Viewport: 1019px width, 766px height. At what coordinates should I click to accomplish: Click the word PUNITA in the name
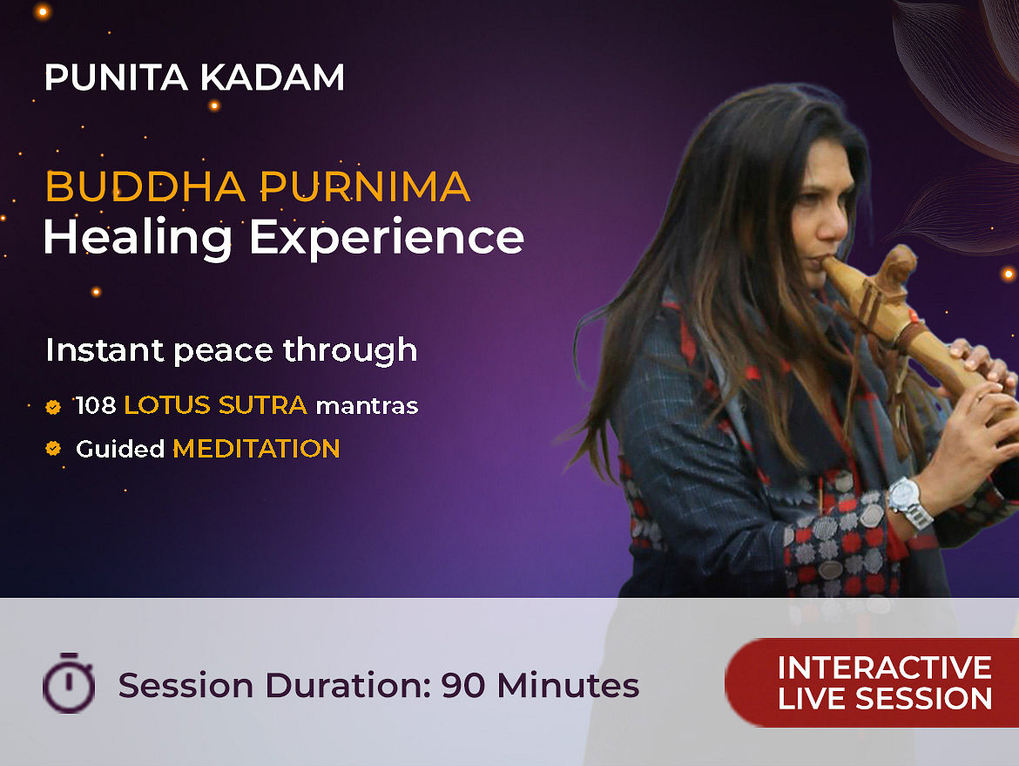(x=117, y=78)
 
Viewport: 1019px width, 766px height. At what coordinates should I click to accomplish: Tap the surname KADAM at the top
(x=273, y=78)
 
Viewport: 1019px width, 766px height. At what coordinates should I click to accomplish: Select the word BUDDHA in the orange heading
(x=145, y=187)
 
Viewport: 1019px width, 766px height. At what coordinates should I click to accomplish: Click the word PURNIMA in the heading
(x=365, y=187)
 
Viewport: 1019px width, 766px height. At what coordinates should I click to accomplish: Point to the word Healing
(x=138, y=239)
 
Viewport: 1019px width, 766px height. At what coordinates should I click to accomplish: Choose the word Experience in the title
(x=387, y=239)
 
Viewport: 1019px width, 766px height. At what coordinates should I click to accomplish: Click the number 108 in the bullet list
(x=96, y=406)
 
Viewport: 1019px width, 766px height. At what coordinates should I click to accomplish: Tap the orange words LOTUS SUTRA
(x=216, y=406)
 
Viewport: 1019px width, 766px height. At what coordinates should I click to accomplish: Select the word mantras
(x=368, y=406)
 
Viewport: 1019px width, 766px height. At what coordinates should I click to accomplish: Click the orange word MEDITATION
(x=256, y=450)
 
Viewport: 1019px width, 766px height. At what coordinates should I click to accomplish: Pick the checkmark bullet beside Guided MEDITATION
(x=53, y=449)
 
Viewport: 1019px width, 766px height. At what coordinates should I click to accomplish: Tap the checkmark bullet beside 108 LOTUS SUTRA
(x=53, y=407)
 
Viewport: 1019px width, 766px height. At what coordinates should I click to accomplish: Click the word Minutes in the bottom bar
(x=568, y=685)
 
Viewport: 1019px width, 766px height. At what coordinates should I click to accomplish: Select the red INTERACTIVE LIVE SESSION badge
(x=872, y=682)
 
